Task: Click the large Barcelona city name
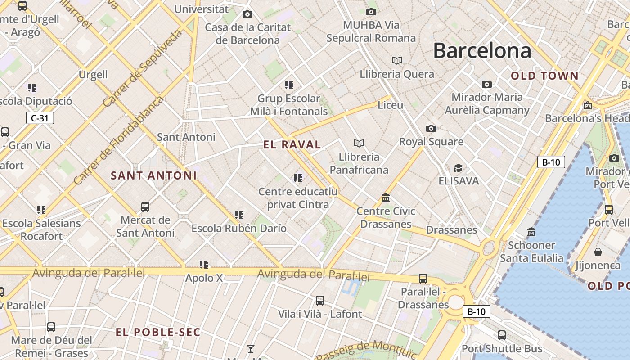click(482, 50)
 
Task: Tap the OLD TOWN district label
click(544, 76)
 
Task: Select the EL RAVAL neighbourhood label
click(292, 144)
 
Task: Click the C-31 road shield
click(40, 118)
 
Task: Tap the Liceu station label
click(391, 105)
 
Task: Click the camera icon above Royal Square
click(431, 129)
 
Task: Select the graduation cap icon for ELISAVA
click(458, 168)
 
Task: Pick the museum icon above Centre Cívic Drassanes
click(386, 198)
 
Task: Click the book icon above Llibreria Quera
click(396, 60)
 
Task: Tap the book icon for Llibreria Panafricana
click(359, 143)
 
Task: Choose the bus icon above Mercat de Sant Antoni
click(145, 207)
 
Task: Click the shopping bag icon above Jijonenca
click(598, 252)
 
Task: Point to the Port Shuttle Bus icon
click(502, 335)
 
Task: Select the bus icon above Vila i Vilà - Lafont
click(320, 300)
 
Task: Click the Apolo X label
click(204, 278)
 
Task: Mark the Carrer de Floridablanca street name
click(119, 140)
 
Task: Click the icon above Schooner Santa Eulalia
click(531, 232)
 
